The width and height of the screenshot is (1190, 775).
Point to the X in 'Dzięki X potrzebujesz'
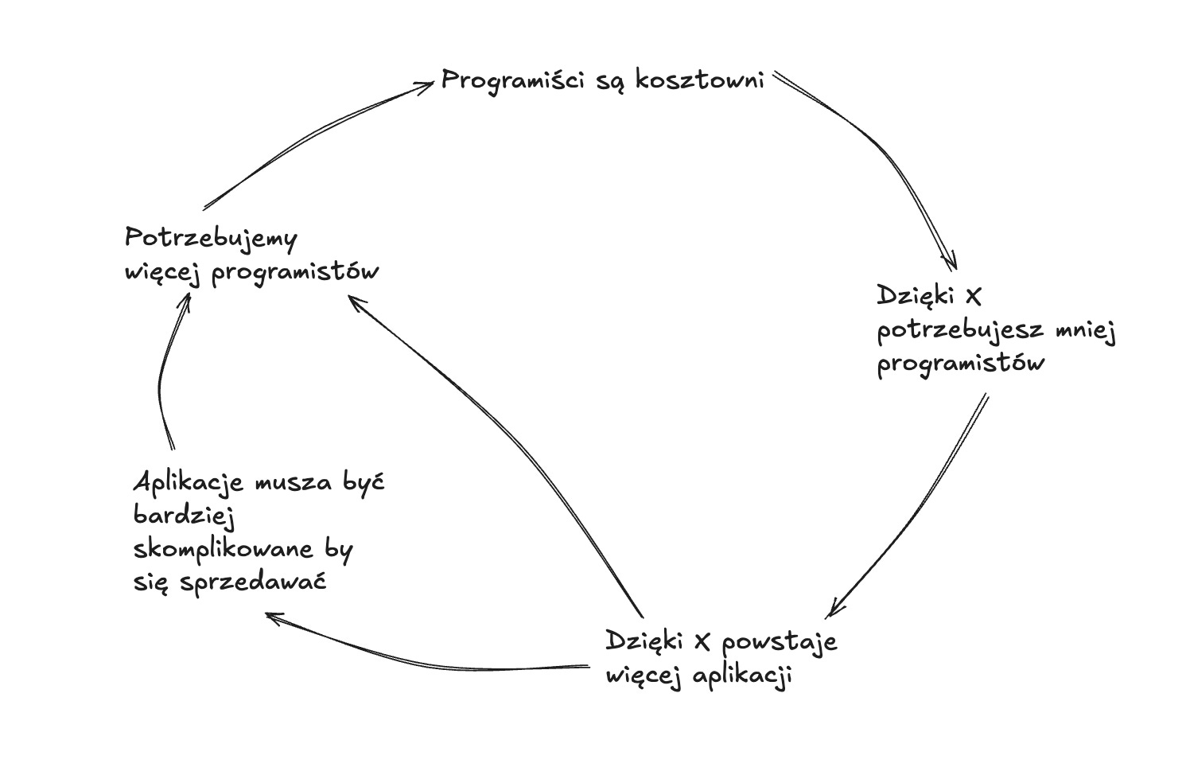coord(972,297)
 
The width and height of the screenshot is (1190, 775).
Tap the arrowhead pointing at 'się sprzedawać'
coord(270,616)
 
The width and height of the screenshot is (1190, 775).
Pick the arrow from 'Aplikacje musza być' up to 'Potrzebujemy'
coord(163,374)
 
